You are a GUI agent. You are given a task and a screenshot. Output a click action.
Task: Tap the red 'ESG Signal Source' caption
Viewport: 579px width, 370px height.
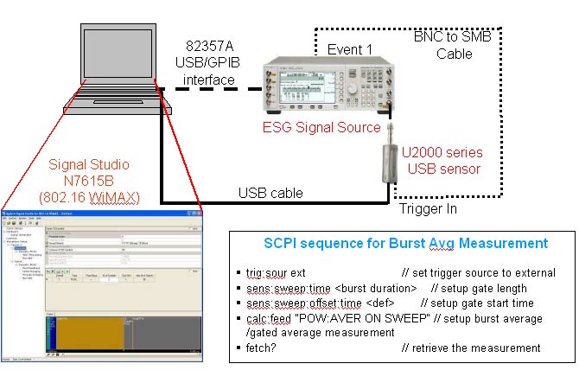(x=322, y=127)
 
